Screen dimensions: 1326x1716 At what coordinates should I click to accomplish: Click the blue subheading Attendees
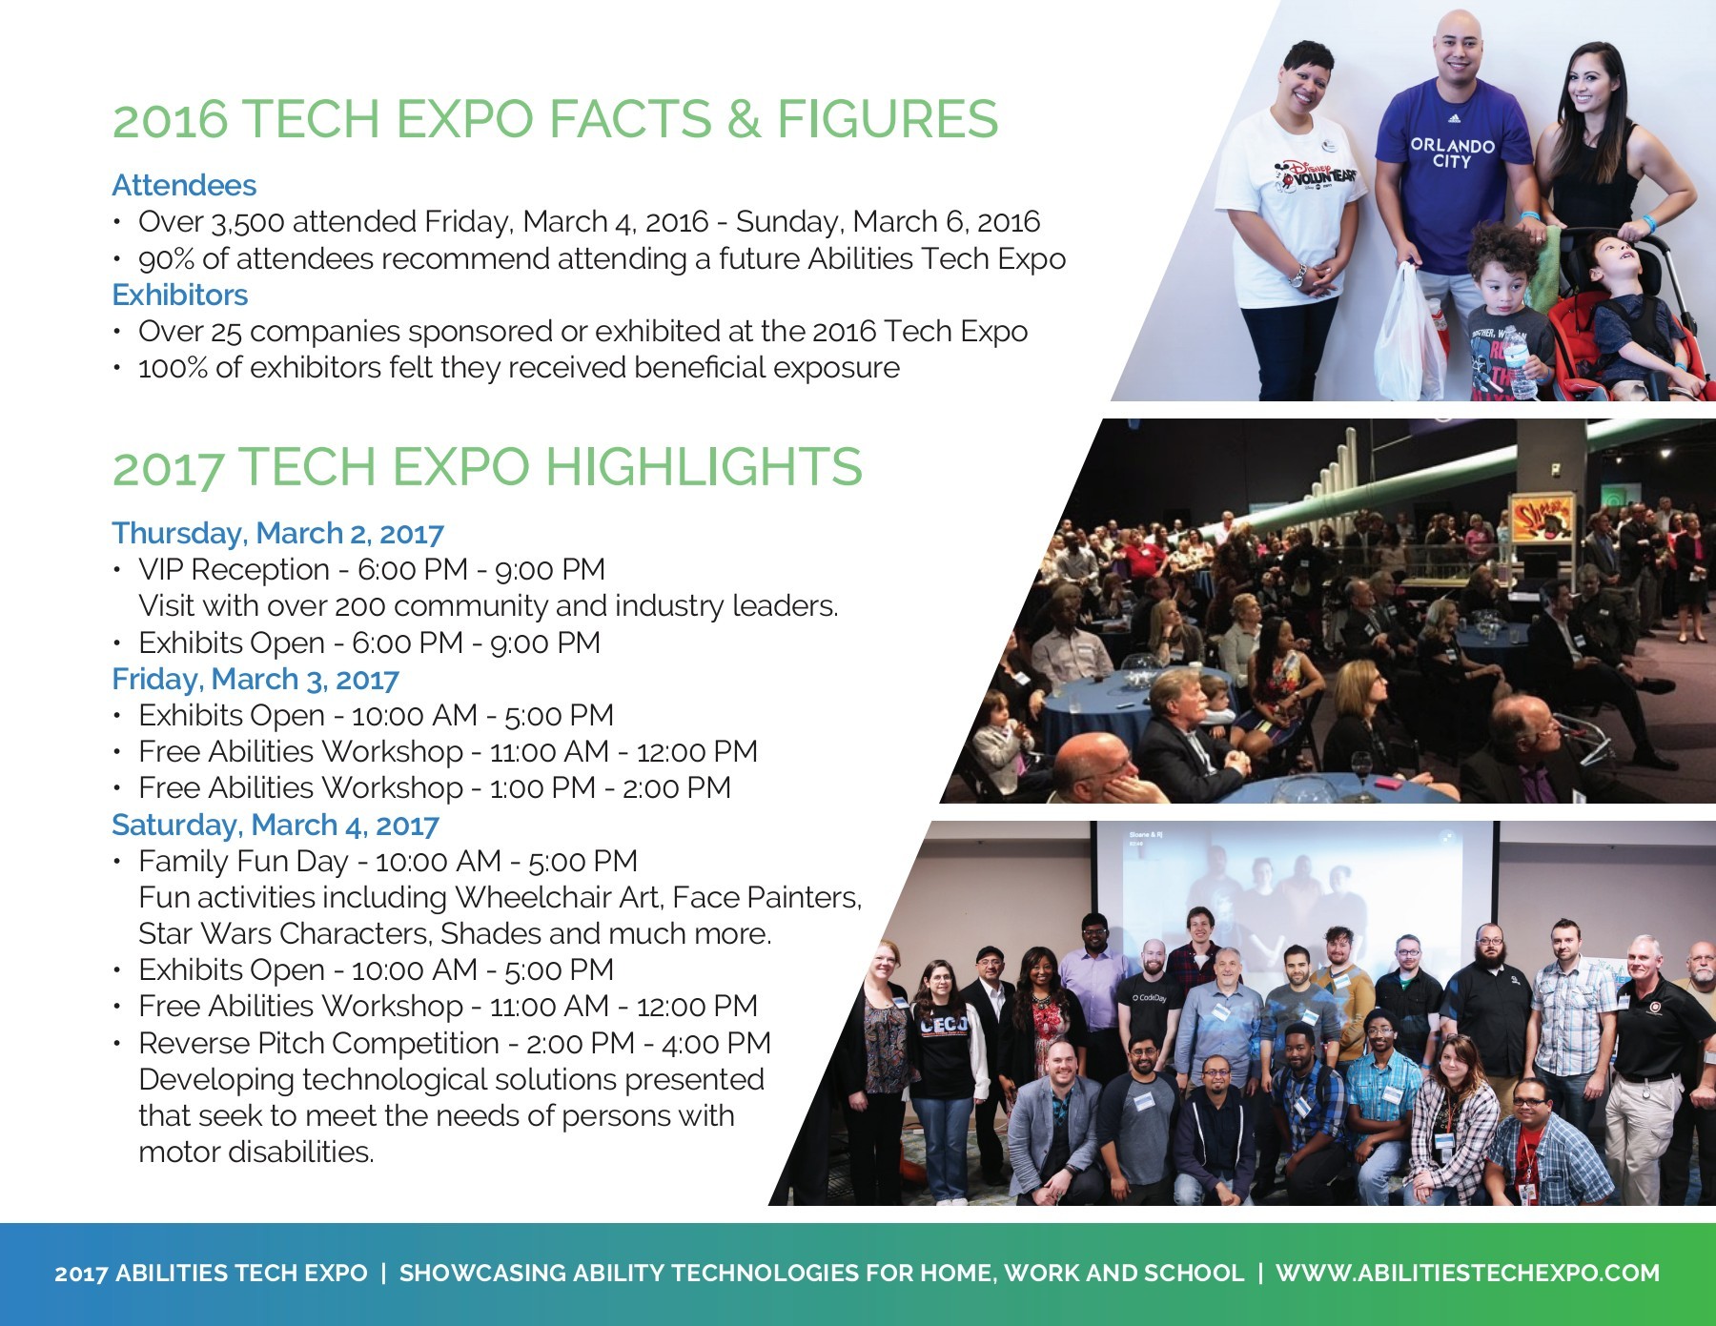pyautogui.click(x=184, y=185)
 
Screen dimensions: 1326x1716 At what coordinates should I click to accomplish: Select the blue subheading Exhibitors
pyautogui.click(x=179, y=295)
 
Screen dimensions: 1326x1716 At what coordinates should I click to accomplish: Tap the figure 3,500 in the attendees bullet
pyautogui.click(x=247, y=222)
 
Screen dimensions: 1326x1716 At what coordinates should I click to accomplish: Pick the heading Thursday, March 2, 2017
pyautogui.click(x=277, y=533)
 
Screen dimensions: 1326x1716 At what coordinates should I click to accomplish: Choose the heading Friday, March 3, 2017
pyautogui.click(x=255, y=679)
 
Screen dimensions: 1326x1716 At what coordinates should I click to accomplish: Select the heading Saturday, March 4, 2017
pyautogui.click(x=275, y=825)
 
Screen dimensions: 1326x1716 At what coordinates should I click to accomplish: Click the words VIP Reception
pyautogui.click(x=234, y=570)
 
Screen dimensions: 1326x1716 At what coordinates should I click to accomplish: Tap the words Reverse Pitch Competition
pyautogui.click(x=318, y=1043)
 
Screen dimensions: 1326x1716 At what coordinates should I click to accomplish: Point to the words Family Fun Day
pyautogui.click(x=242, y=861)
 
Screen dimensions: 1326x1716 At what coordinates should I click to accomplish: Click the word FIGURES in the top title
pyautogui.click(x=887, y=119)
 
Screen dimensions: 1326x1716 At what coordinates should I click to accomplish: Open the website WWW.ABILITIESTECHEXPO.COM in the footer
pyautogui.click(x=1467, y=1273)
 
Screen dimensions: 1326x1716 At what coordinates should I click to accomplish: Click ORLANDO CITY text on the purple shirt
pyautogui.click(x=1452, y=153)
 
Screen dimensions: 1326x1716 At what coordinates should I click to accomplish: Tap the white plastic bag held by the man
pyautogui.click(x=1408, y=334)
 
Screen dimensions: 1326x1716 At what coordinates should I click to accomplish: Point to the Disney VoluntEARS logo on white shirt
pyautogui.click(x=1317, y=176)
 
